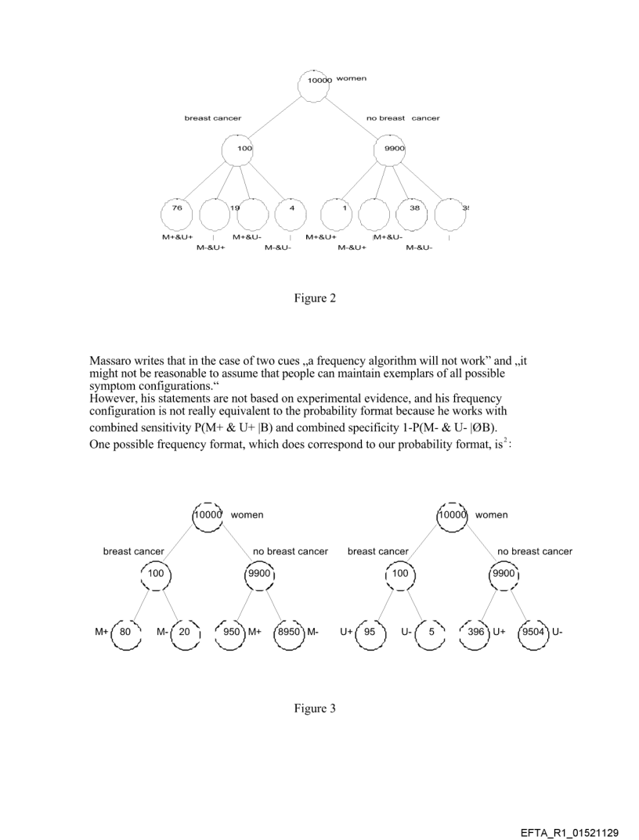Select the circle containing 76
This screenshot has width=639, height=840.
point(177,214)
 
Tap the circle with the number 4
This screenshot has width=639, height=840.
point(291,214)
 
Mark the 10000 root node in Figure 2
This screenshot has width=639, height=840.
point(317,81)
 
